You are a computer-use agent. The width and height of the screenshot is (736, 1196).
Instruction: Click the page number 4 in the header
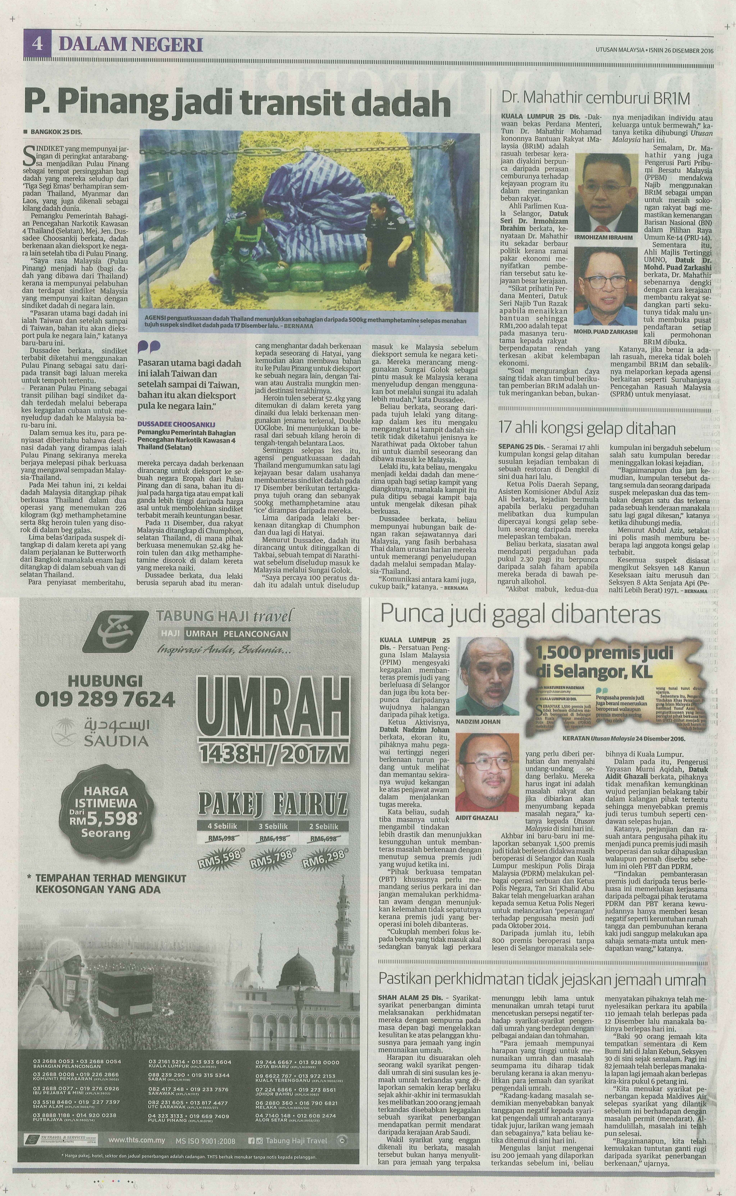[x=36, y=45]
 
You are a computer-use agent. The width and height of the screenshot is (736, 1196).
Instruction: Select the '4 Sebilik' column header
[x=222, y=826]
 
